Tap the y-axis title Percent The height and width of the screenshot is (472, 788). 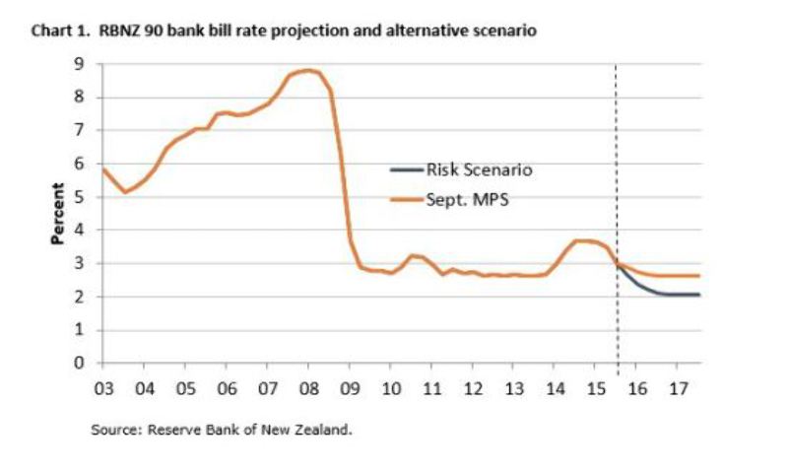(x=58, y=214)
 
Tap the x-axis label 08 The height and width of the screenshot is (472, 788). (x=308, y=387)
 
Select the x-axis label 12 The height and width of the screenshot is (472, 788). (x=473, y=387)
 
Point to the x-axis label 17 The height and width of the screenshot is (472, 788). (x=679, y=387)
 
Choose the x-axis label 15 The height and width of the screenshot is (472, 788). (x=596, y=387)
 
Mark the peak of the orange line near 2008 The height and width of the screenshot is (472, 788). (x=308, y=71)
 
